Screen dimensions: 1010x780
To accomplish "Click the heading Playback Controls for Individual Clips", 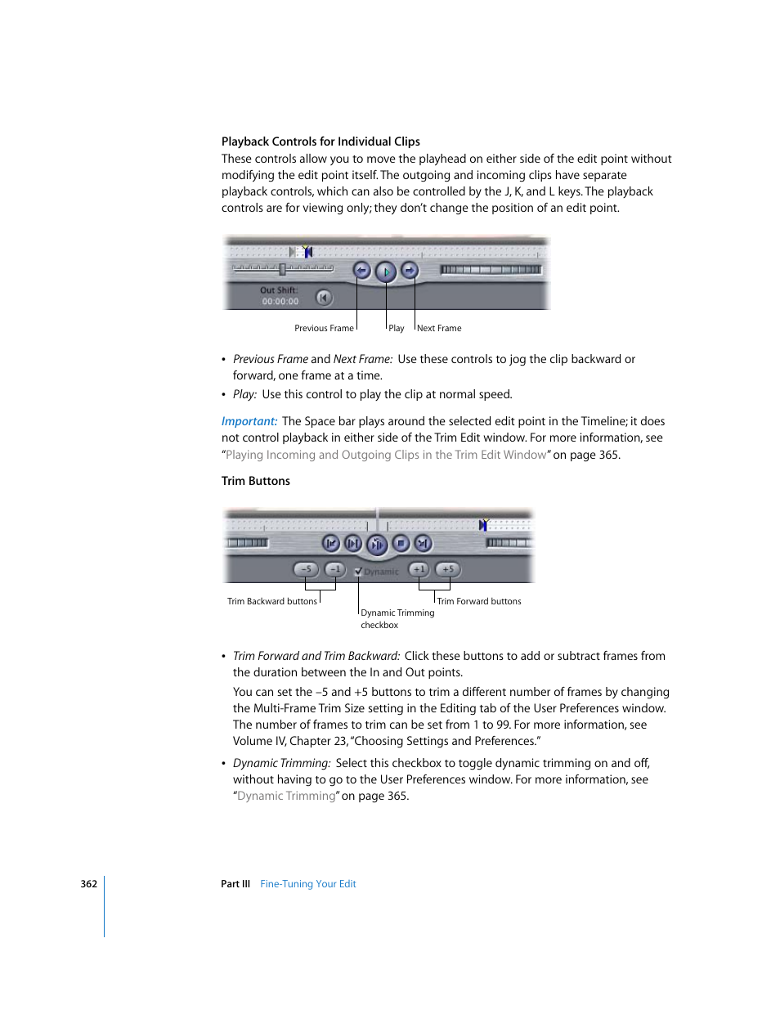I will click(x=321, y=141).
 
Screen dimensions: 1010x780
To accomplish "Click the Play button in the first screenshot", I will click(x=386, y=272).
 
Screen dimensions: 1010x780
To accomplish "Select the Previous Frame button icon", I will click(x=361, y=270).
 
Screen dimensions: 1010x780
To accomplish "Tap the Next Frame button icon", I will click(x=410, y=270).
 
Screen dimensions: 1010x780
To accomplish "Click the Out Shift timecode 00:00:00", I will click(x=280, y=302).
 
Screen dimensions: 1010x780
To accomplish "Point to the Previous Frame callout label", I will click(x=324, y=329).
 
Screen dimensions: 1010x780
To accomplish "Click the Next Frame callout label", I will click(x=439, y=329).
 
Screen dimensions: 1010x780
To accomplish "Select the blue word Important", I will click(x=249, y=421).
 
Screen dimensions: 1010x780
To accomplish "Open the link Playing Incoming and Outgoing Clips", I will click(x=386, y=455).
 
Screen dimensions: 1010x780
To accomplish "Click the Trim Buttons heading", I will click(x=256, y=481).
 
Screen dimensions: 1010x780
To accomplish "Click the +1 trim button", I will click(x=419, y=569).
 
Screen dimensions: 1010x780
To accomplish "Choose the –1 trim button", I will click(x=334, y=569).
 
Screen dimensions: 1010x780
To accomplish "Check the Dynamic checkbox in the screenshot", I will click(x=358, y=572).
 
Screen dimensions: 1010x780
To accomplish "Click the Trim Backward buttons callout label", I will click(x=271, y=602).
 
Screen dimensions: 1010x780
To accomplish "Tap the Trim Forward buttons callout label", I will click(x=479, y=602).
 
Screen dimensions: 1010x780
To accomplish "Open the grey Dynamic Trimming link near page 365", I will click(x=286, y=796).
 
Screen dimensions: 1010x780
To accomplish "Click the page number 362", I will click(x=89, y=884).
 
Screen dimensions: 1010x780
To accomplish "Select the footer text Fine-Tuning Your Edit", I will click(x=308, y=884).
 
